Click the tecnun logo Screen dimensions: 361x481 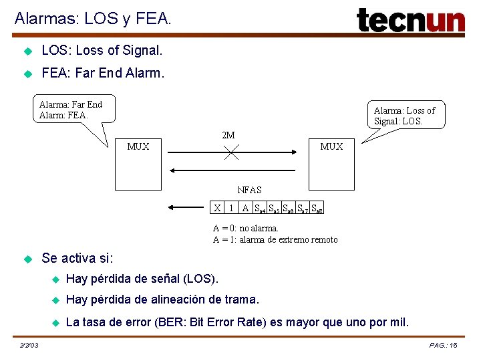[x=410, y=20]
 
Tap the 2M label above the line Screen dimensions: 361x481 [x=228, y=136]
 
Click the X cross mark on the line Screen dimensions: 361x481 [x=231, y=152]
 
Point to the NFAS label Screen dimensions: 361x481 [x=250, y=191]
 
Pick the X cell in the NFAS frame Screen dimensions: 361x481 [x=217, y=207]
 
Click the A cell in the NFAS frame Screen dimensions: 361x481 [x=245, y=207]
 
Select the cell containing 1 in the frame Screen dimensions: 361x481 [x=231, y=207]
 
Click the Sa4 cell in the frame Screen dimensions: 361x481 [x=260, y=207]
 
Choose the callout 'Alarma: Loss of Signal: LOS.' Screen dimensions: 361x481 [x=404, y=116]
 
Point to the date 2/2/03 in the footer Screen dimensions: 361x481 [x=29, y=345]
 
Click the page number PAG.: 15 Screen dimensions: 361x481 [x=444, y=345]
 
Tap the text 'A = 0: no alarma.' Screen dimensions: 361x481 [x=245, y=229]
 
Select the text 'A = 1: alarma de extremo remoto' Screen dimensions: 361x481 [x=275, y=239]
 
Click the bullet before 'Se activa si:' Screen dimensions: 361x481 [x=28, y=258]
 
